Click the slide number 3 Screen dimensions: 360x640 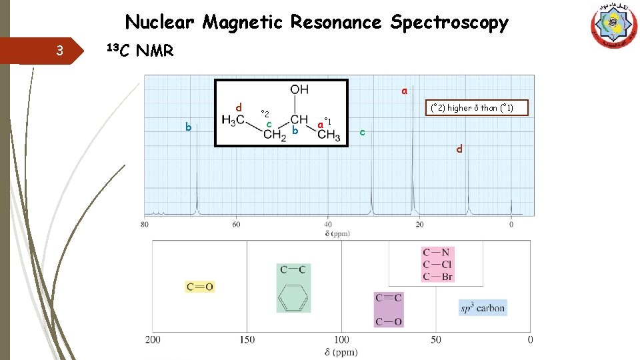(60, 51)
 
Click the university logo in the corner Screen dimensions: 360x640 (613, 25)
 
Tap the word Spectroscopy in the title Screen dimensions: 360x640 (449, 23)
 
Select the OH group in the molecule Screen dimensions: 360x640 (299, 89)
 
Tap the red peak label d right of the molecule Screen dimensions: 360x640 (459, 149)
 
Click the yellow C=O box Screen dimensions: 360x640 (200, 287)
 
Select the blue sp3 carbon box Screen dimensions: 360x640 (483, 308)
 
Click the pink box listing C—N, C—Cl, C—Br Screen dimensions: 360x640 (437, 264)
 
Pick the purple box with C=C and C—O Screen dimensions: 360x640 (389, 310)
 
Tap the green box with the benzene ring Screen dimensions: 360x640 (293, 287)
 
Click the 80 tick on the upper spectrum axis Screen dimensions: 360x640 (145, 225)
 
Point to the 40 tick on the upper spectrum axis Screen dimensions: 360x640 (327, 225)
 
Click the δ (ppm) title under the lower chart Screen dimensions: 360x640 (341, 352)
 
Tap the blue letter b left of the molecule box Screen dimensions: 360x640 (188, 127)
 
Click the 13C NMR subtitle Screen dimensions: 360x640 (141, 50)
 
